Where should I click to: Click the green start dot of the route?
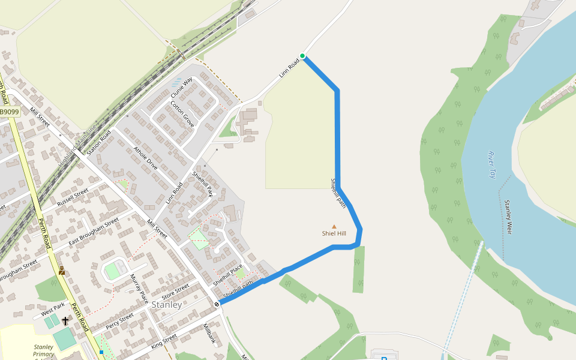tap(302, 56)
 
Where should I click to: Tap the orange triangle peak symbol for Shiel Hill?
tap(334, 226)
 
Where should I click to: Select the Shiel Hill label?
tap(334, 233)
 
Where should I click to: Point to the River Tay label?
tap(491, 165)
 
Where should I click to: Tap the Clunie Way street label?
tap(182, 88)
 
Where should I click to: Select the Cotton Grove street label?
tap(182, 112)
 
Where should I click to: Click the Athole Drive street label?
tap(145, 158)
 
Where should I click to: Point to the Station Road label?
tap(99, 143)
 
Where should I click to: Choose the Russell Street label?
tap(73, 197)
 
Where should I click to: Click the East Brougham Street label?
tap(94, 232)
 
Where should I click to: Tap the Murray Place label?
tap(139, 288)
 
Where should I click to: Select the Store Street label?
tap(176, 290)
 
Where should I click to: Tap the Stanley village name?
tap(167, 305)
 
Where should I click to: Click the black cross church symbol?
tap(65, 321)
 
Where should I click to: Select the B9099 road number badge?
tap(9, 112)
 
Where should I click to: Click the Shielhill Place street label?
tap(227, 274)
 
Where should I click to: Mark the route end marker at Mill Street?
tap(217, 304)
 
